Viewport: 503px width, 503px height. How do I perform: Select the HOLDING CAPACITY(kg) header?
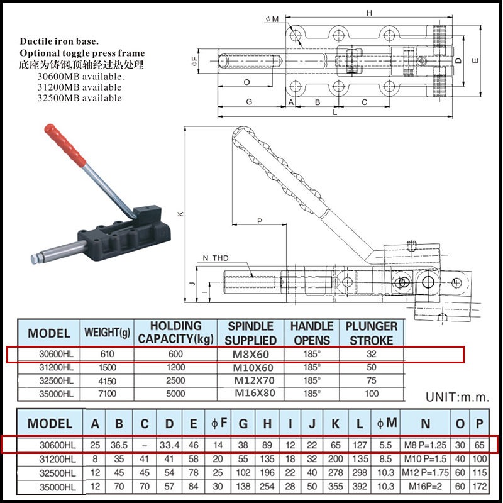point(176,333)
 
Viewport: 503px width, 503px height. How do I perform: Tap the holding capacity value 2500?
point(176,380)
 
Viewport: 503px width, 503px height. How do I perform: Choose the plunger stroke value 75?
point(372,380)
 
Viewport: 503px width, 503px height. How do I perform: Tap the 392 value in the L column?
point(358,487)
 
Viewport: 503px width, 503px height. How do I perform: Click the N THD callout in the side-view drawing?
point(216,258)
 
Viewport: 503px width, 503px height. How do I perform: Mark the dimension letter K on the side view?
point(180,214)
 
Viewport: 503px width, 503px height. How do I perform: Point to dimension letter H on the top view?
point(369,13)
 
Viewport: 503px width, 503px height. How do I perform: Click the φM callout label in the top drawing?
point(272,19)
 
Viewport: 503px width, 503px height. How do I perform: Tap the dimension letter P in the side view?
point(259,221)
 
